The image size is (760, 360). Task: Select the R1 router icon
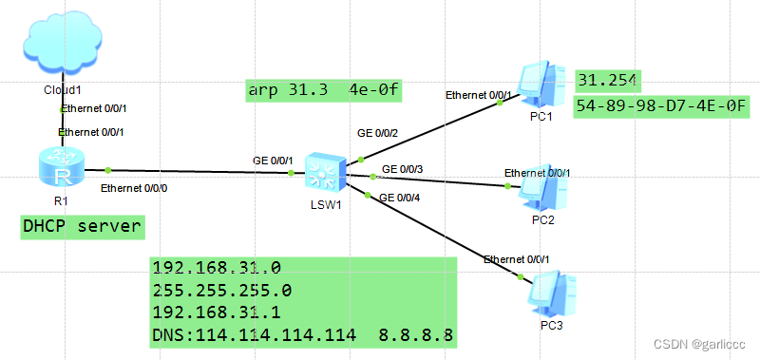pos(63,169)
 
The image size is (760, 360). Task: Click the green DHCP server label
pos(83,226)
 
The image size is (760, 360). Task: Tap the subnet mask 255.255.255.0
pos(222,289)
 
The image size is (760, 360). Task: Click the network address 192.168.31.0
pos(216,267)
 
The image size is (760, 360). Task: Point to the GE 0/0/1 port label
pos(273,161)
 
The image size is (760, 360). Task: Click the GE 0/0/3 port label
pos(402,169)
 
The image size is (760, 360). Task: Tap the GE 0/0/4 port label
pos(400,198)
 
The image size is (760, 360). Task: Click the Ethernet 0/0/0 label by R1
pos(134,188)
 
